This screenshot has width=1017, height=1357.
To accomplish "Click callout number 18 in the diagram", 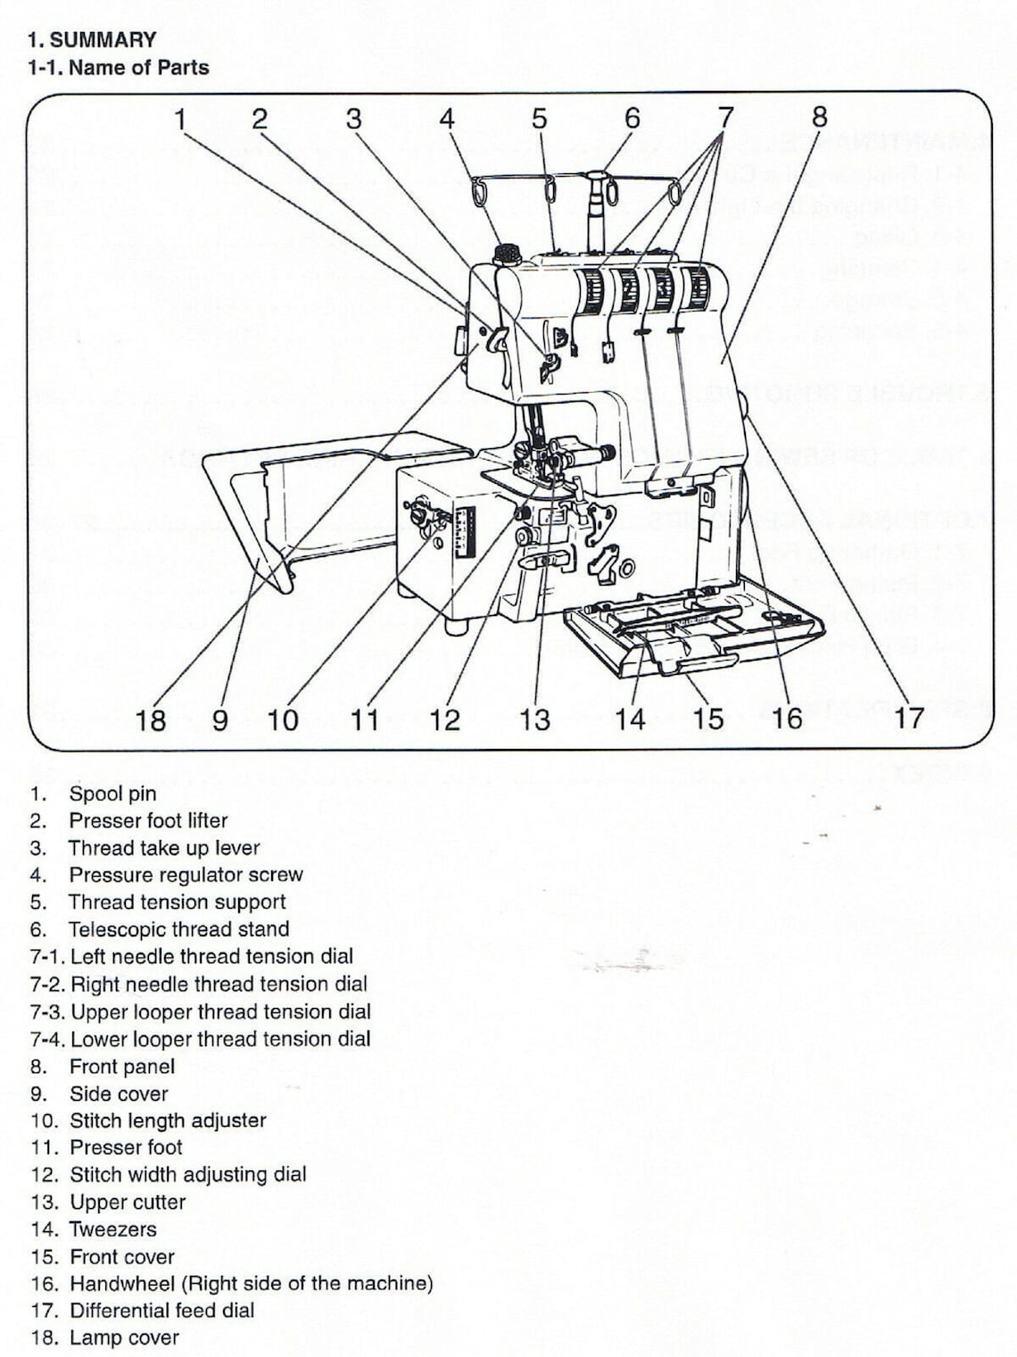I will click(x=151, y=719).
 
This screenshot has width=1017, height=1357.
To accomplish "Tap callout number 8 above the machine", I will click(x=819, y=117).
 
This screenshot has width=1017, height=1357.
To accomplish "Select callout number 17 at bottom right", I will click(x=908, y=718).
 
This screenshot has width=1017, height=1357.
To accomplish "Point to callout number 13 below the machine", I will click(x=535, y=719).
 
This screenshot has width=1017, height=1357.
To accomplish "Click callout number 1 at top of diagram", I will click(x=181, y=118).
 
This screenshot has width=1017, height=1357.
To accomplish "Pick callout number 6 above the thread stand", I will click(x=632, y=118).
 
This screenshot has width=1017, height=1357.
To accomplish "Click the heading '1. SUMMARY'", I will click(x=92, y=39).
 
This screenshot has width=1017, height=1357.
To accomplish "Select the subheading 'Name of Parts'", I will click(x=138, y=67).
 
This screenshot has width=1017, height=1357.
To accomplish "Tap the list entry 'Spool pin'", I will click(x=112, y=794).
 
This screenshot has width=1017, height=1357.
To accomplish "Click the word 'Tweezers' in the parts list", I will click(x=113, y=1229).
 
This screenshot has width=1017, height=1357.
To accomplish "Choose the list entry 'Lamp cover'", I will click(x=124, y=1337).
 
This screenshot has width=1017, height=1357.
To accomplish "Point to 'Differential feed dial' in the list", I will click(x=161, y=1311).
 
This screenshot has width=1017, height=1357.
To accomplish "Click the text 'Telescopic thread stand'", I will click(x=178, y=929).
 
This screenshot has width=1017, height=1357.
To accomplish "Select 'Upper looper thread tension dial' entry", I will click(x=220, y=1012).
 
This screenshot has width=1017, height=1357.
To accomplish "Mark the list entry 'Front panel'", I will click(x=122, y=1066).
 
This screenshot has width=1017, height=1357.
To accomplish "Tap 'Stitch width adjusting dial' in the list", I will click(x=187, y=1175).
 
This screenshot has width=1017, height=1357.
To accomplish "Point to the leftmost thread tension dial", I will click(x=591, y=291).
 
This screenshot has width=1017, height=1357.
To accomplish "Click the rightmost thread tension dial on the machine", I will click(x=696, y=287).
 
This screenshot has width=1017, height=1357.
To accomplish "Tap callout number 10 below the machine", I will click(x=283, y=719).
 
